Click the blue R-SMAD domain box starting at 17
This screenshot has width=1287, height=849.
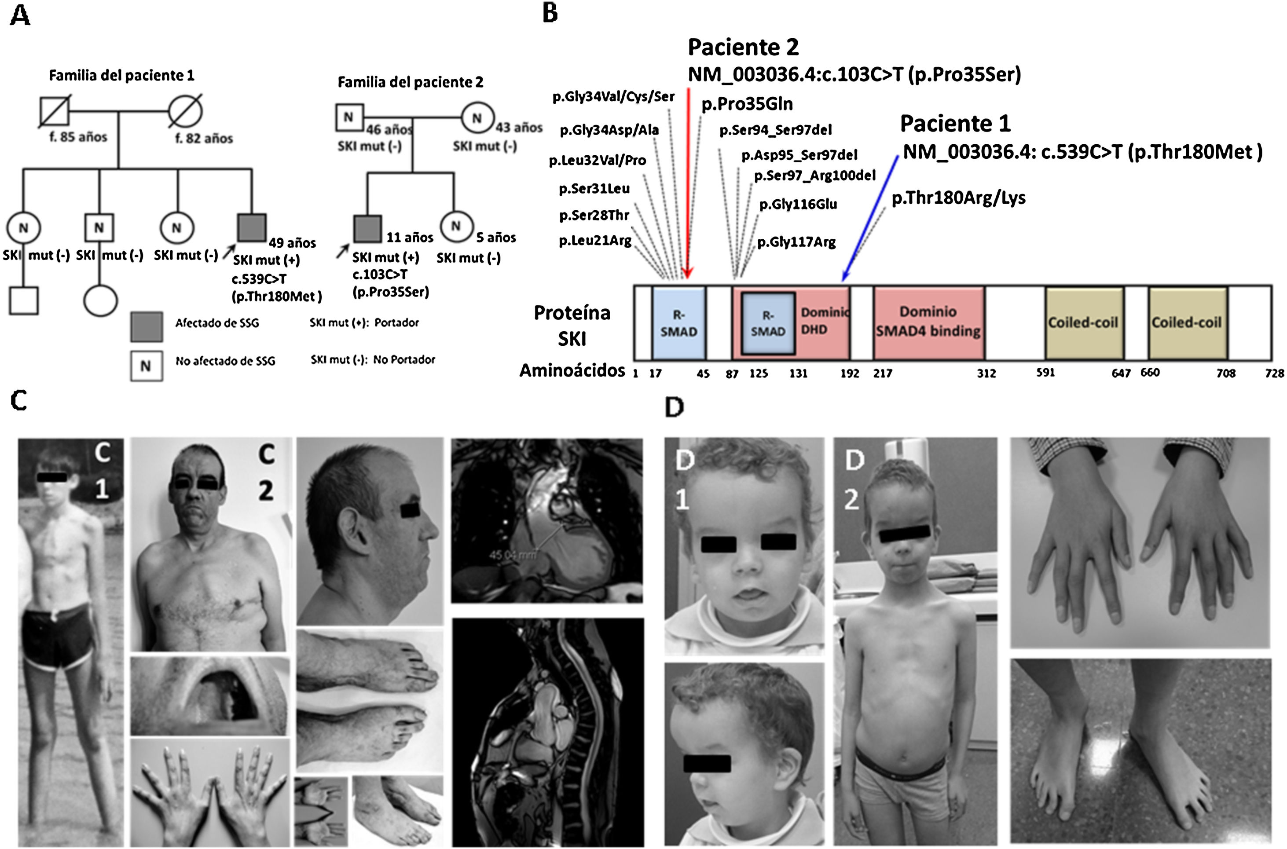678,323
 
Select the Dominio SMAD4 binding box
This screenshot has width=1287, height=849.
928,322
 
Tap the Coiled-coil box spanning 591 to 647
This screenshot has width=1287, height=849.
1083,323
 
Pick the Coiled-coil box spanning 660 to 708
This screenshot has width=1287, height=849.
1186,323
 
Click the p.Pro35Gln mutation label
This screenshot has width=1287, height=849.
747,104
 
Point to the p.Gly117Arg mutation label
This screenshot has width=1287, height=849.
796,242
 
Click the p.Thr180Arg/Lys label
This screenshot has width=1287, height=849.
958,198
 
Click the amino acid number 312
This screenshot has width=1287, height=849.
986,373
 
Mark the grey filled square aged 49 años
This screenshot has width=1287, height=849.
252,227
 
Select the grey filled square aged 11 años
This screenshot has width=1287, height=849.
367,228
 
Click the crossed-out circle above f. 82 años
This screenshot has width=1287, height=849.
185,112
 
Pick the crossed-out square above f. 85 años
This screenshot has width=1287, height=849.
55,112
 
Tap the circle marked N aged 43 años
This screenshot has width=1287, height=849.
477,117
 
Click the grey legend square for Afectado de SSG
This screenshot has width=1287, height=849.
146,326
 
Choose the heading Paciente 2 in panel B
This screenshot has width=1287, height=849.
743,48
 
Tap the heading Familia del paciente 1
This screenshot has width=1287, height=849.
121,75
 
